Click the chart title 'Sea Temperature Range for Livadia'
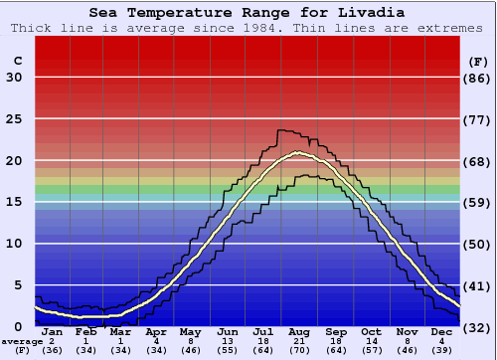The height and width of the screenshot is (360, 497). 247,13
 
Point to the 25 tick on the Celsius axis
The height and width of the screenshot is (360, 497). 15,118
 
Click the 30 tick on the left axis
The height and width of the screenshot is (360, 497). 15,78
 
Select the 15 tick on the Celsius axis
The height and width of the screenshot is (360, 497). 15,202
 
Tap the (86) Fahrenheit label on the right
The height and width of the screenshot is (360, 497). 478,78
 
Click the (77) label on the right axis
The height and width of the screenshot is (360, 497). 478,118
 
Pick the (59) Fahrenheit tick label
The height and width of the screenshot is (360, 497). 478,202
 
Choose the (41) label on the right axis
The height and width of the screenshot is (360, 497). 478,285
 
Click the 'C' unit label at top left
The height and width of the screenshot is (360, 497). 17,61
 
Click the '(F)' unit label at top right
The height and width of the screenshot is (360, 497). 478,61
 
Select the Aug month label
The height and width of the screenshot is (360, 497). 298,332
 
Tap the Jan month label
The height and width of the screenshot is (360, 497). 53,332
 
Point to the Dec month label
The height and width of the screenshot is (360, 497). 442,332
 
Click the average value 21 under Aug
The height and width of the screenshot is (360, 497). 298,341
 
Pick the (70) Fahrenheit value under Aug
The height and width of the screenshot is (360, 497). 298,350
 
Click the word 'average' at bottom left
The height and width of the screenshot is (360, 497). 23,341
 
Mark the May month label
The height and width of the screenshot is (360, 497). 191,332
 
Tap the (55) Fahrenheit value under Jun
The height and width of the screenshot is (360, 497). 228,350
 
